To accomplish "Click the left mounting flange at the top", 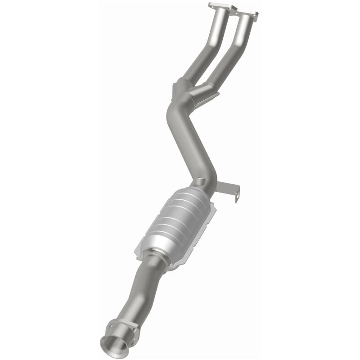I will pos(222,6).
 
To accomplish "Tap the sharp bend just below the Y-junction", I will pos(173,108).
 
